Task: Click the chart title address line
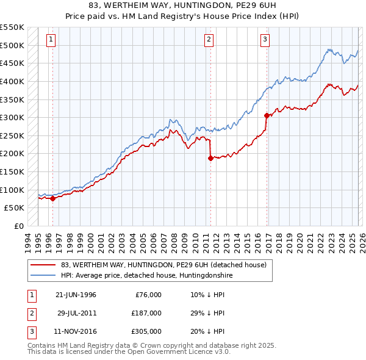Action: [x=182, y=5]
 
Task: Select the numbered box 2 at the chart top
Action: [x=209, y=40]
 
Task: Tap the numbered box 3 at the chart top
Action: [x=265, y=40]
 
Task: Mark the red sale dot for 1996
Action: [x=53, y=198]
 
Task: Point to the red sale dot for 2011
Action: [x=210, y=158]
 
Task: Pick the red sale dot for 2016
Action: [x=267, y=115]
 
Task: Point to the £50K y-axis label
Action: [x=15, y=207]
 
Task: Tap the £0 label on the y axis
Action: [x=19, y=226]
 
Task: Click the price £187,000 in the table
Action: [x=146, y=313]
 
